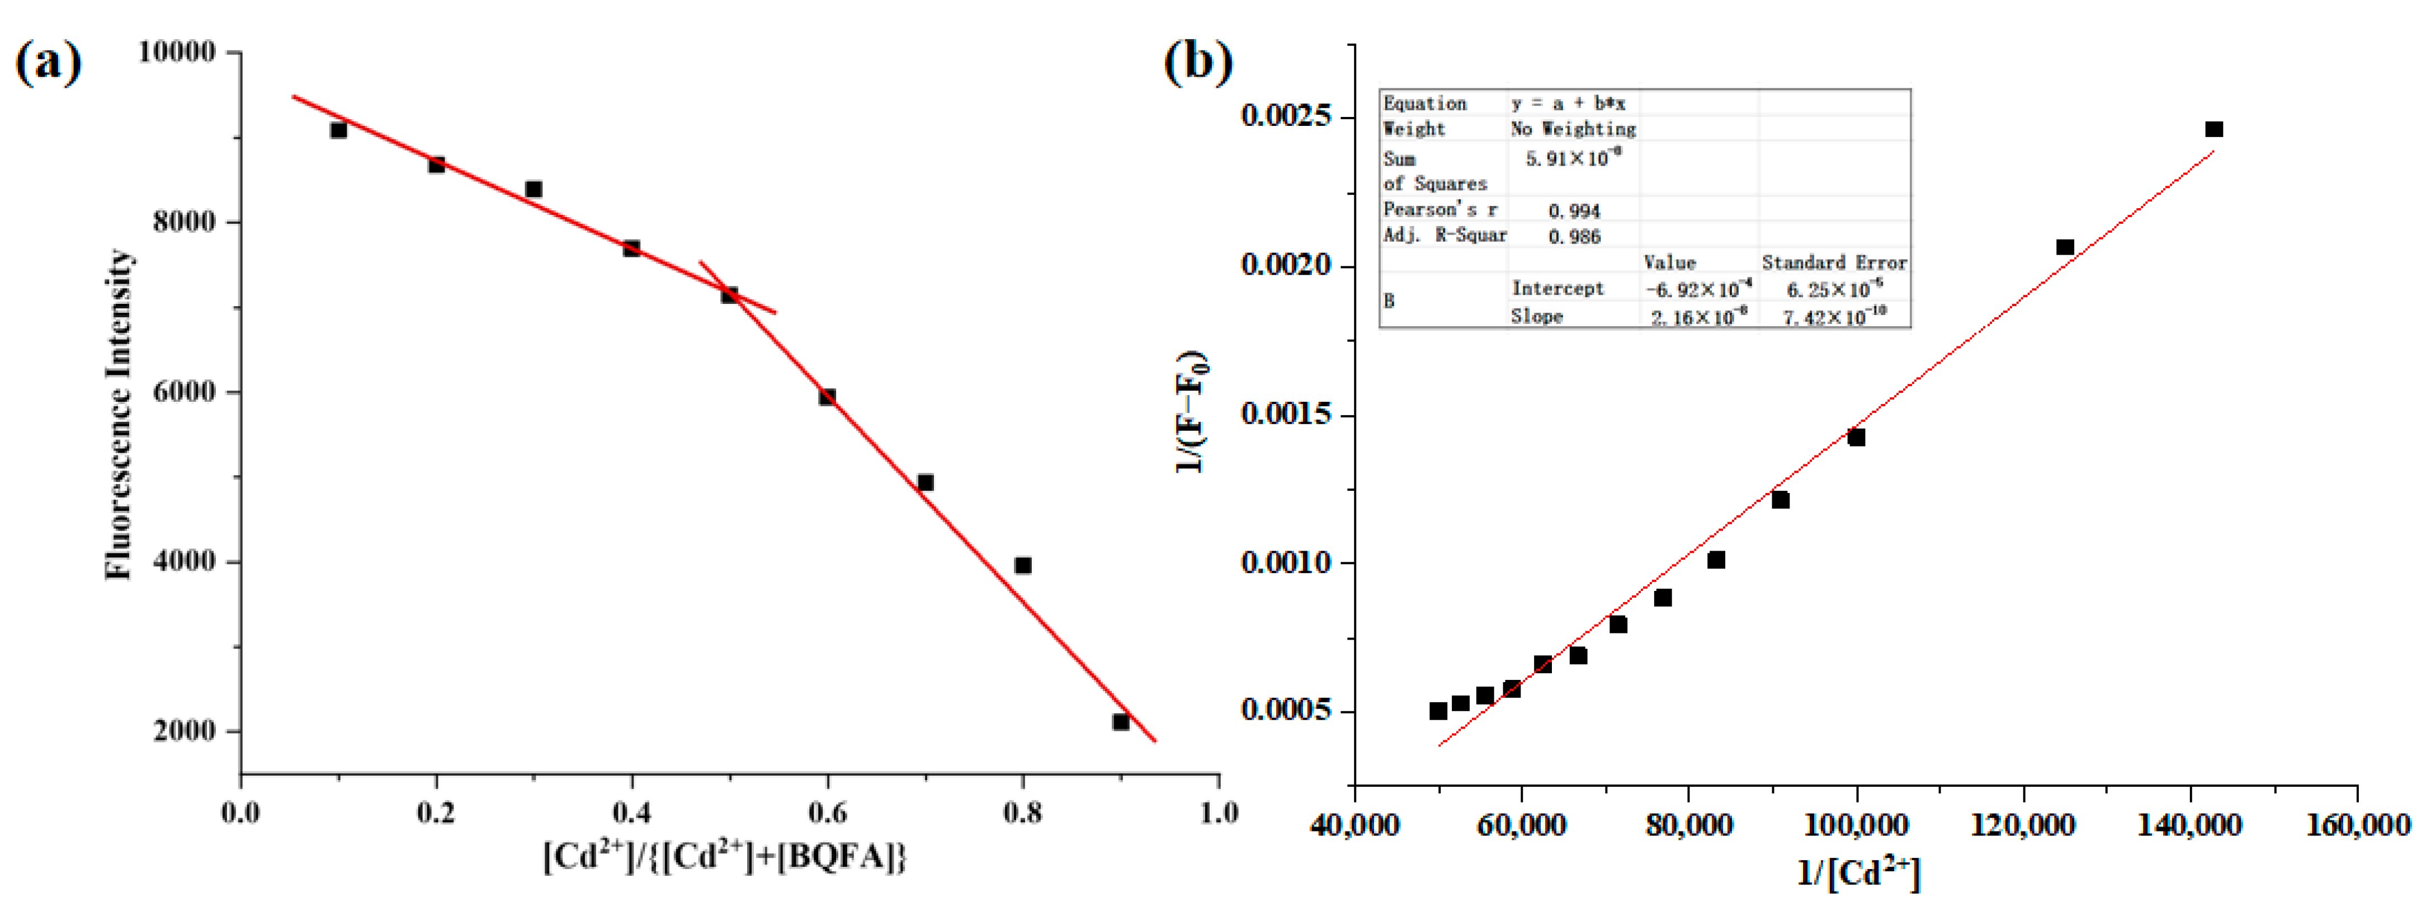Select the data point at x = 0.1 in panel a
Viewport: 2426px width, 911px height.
(x=338, y=130)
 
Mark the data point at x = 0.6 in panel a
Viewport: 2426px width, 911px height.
(x=827, y=397)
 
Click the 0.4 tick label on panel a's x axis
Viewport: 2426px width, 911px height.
(x=631, y=812)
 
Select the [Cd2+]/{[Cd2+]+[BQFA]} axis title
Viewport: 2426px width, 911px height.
(x=725, y=856)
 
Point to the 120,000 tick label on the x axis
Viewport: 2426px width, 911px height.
(x=2023, y=825)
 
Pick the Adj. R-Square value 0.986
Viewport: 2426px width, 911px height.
(x=1574, y=237)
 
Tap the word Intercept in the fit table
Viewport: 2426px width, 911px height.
(x=1557, y=288)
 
